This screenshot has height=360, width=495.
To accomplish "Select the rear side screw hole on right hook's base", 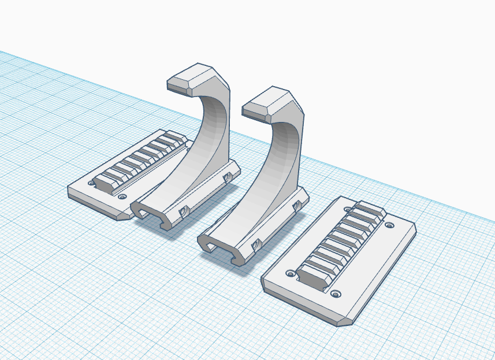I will [x=298, y=206].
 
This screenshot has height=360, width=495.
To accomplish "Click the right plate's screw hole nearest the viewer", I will [x=335, y=295].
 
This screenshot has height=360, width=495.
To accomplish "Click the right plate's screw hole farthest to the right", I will [x=389, y=225].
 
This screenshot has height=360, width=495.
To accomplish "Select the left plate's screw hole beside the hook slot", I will [x=122, y=196].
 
